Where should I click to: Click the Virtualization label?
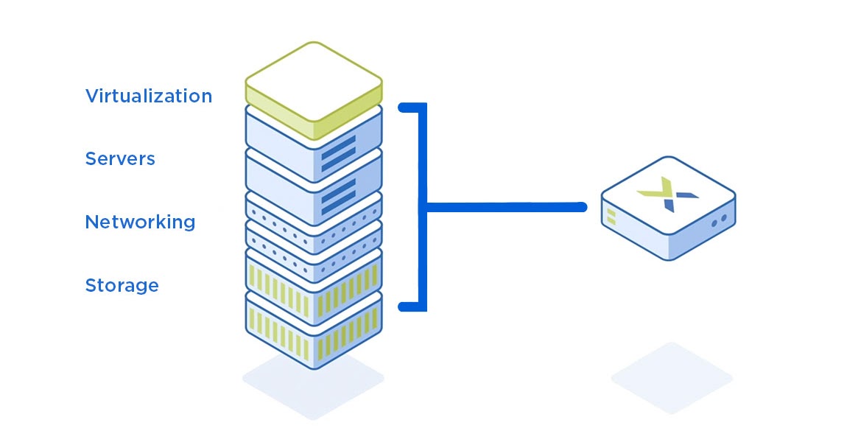[x=148, y=96]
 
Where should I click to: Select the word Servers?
[x=120, y=158]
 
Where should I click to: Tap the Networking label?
[x=140, y=222]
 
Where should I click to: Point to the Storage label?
[x=122, y=285]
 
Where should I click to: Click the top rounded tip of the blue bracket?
[x=404, y=108]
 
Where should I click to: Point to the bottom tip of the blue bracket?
[x=404, y=306]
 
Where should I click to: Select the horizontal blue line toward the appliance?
[x=508, y=208]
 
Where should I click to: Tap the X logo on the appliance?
[x=667, y=193]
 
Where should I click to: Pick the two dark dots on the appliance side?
[x=718, y=219]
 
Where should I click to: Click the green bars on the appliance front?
[x=611, y=216]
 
